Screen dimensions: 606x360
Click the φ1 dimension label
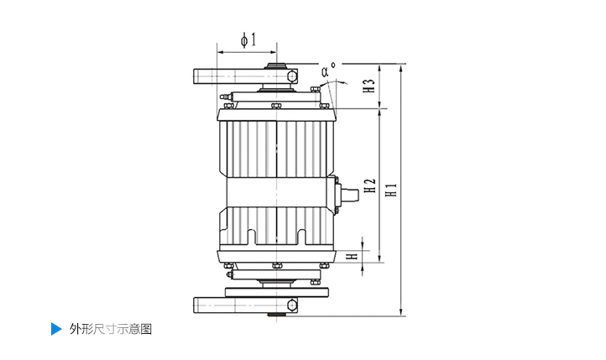coord(248,39)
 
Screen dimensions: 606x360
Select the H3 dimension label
coord(369,86)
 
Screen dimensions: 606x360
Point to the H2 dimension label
coord(370,185)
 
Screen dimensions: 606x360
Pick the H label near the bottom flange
coord(352,256)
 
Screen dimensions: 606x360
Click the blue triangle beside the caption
coord(56,329)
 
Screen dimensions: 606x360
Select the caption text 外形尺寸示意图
coord(111,329)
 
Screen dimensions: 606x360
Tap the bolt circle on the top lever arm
coord(292,76)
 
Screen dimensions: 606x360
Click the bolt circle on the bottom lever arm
coord(292,305)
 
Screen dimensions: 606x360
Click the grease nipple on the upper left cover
coord(225,97)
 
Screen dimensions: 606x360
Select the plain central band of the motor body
coord(277,192)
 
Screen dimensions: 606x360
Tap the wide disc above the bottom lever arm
coord(277,292)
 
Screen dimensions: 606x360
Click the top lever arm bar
coord(245,76)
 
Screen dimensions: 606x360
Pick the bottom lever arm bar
coord(245,305)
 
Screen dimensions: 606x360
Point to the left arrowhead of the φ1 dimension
coord(221,52)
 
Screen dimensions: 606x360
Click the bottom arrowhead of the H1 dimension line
coord(401,312)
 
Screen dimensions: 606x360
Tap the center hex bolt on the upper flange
coord(276,105)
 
